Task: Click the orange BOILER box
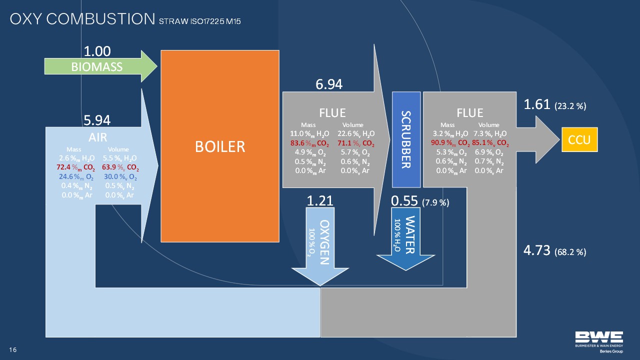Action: (219, 146)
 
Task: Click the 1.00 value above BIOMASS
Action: (97, 51)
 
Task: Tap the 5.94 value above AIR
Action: (97, 120)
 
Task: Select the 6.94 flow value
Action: (328, 84)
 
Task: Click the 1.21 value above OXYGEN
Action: (320, 201)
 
